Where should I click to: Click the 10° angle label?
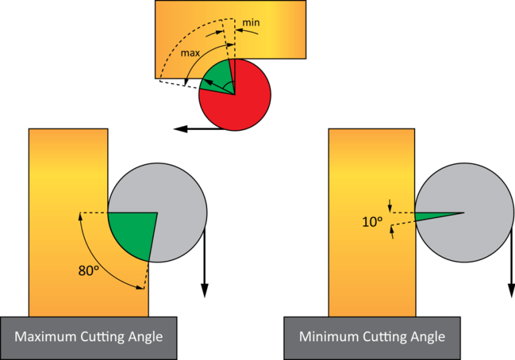(x=371, y=222)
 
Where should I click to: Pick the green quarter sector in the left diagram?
(x=129, y=234)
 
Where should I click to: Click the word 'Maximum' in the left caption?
(x=46, y=337)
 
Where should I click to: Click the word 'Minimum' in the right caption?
(x=328, y=337)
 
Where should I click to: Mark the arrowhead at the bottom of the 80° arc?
(x=142, y=288)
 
